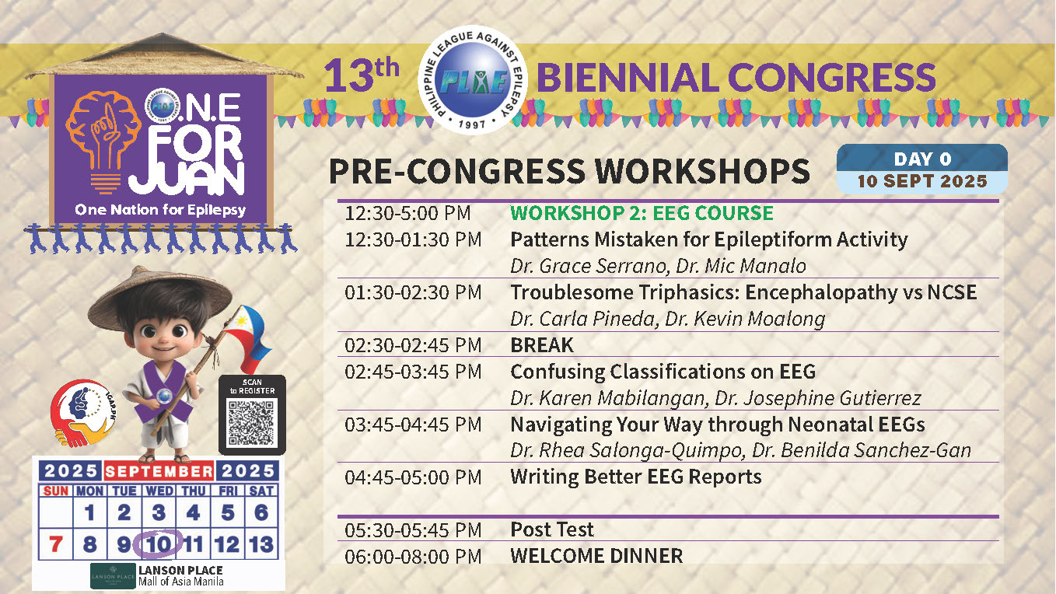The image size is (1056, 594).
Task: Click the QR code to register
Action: (251, 424)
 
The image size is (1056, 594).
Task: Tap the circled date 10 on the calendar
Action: (157, 544)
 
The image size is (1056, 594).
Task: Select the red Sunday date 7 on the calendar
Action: (56, 544)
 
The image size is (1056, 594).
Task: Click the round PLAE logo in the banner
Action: (472, 79)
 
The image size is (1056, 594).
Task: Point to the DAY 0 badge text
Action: (922, 159)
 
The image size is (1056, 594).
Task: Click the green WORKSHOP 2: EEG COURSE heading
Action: (642, 213)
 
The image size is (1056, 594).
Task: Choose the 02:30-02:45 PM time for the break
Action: (413, 345)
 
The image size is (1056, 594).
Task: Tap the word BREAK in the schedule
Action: (542, 345)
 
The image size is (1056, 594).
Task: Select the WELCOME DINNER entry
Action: (596, 556)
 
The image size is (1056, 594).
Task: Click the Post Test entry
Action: (552, 529)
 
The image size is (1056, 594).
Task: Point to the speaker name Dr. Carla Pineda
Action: (582, 319)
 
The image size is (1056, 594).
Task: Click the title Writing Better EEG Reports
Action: (636, 477)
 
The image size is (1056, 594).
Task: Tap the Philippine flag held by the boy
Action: (248, 337)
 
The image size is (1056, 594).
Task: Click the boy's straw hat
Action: (159, 298)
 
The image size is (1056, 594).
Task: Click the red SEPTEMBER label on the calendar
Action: (159, 471)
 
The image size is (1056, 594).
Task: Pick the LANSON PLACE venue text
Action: (180, 571)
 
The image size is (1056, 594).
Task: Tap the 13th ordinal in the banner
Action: (362, 75)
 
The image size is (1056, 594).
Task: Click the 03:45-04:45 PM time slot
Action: (413, 425)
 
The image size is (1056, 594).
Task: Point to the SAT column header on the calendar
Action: (261, 491)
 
